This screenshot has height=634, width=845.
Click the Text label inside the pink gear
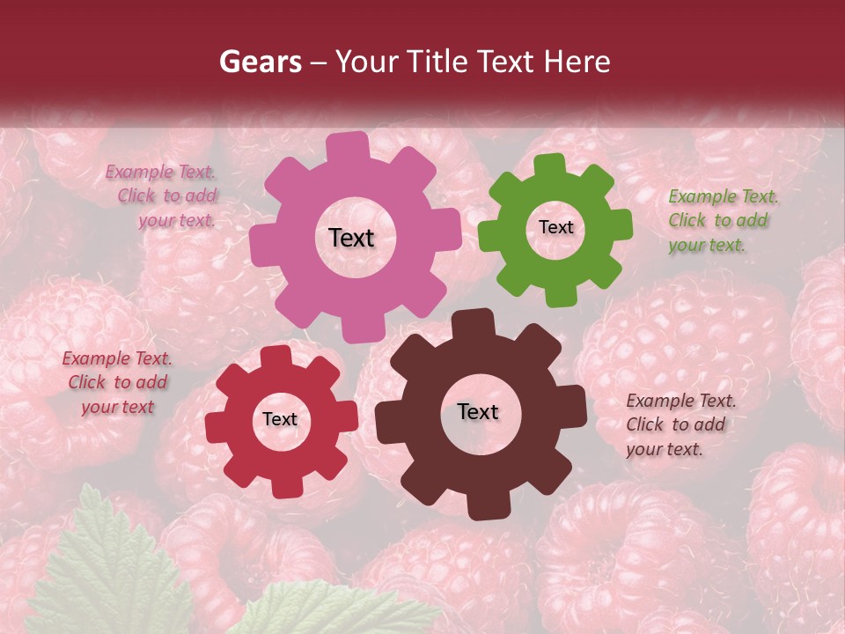tap(351, 238)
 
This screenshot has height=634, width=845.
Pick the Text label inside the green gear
tap(555, 227)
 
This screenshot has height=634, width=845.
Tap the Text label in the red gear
tap(280, 419)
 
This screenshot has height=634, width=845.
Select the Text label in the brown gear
tap(478, 412)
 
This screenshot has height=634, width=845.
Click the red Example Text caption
tap(117, 382)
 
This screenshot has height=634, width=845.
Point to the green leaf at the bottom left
tap(114, 564)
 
